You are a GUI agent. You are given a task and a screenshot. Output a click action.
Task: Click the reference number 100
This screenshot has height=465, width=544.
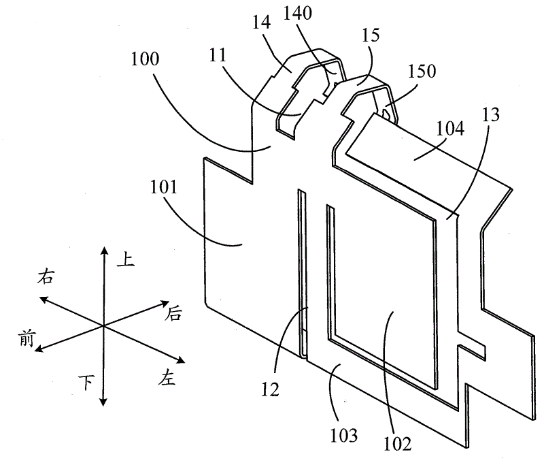[145, 59]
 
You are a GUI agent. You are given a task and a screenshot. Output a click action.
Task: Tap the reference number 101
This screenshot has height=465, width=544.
[164, 187]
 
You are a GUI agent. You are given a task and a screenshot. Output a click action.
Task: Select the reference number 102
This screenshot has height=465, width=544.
[398, 443]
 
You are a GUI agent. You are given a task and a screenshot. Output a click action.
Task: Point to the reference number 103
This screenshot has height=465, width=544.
[343, 436]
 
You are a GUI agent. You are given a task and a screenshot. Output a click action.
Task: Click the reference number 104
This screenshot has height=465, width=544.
[450, 129]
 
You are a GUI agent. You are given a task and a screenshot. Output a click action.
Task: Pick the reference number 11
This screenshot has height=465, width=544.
[218, 55]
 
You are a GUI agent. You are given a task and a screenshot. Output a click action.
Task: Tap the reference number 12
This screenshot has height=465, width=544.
[270, 389]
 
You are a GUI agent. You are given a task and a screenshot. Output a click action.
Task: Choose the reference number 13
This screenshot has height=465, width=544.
[490, 114]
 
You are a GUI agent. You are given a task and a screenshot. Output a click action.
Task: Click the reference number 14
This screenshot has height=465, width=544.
[261, 22]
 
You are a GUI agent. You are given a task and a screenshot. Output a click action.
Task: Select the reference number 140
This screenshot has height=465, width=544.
[298, 14]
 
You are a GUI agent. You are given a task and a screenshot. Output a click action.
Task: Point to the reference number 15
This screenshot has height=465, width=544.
[371, 35]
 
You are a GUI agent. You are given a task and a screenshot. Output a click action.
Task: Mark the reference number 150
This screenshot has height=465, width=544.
[422, 71]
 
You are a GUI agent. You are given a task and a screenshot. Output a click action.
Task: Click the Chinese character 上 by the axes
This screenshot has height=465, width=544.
[125, 259]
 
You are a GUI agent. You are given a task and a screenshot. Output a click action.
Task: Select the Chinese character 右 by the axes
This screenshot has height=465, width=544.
[46, 277]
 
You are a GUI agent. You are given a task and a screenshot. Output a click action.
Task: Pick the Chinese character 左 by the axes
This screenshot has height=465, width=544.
[167, 377]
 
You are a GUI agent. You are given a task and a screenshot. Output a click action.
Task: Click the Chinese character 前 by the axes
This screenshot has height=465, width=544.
[27, 338]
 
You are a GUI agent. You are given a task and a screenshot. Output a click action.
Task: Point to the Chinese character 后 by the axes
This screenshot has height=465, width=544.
[173, 314]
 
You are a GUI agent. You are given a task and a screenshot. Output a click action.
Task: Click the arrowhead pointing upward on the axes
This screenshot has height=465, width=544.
[103, 251]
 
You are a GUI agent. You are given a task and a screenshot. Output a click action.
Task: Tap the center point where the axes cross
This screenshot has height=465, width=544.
[103, 325]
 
